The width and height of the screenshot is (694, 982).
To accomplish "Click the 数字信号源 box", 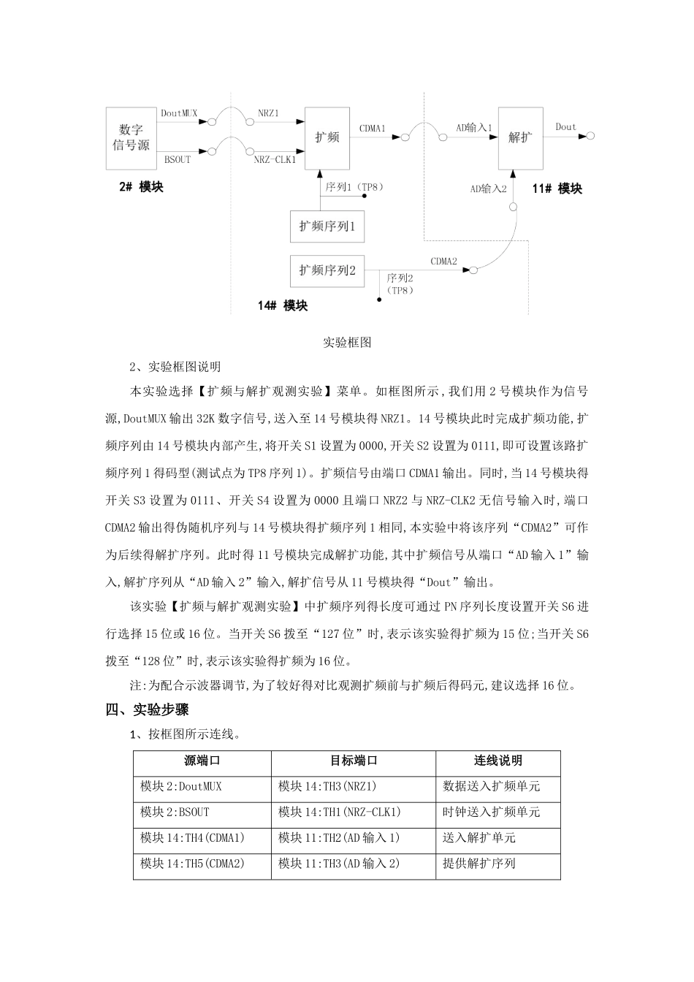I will click(x=131, y=137).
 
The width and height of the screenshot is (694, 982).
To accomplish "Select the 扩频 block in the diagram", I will click(x=327, y=137).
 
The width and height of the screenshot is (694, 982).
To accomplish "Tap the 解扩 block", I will click(x=520, y=137).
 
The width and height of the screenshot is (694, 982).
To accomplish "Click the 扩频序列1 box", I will click(x=327, y=226).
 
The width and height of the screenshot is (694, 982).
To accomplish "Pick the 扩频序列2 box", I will click(x=327, y=270).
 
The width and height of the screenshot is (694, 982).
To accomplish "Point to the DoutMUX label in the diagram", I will click(x=180, y=113).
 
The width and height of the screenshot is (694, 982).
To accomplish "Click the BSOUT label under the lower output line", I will click(x=177, y=159).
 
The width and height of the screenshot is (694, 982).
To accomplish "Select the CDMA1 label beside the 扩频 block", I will click(x=372, y=129).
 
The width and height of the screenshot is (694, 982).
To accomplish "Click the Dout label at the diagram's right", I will click(x=565, y=126).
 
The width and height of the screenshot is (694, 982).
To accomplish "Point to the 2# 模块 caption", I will click(x=142, y=187).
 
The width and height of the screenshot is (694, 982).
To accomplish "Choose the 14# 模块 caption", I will click(x=283, y=305).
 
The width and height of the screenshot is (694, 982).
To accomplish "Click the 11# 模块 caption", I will click(x=557, y=189).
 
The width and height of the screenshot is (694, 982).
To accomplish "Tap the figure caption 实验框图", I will click(x=348, y=342).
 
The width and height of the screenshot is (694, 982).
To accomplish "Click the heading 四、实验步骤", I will click(x=148, y=709).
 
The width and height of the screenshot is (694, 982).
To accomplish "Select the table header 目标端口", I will click(x=354, y=761).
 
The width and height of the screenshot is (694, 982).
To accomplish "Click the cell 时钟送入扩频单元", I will click(x=492, y=812).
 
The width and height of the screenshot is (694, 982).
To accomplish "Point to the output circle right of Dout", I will click(x=590, y=135).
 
